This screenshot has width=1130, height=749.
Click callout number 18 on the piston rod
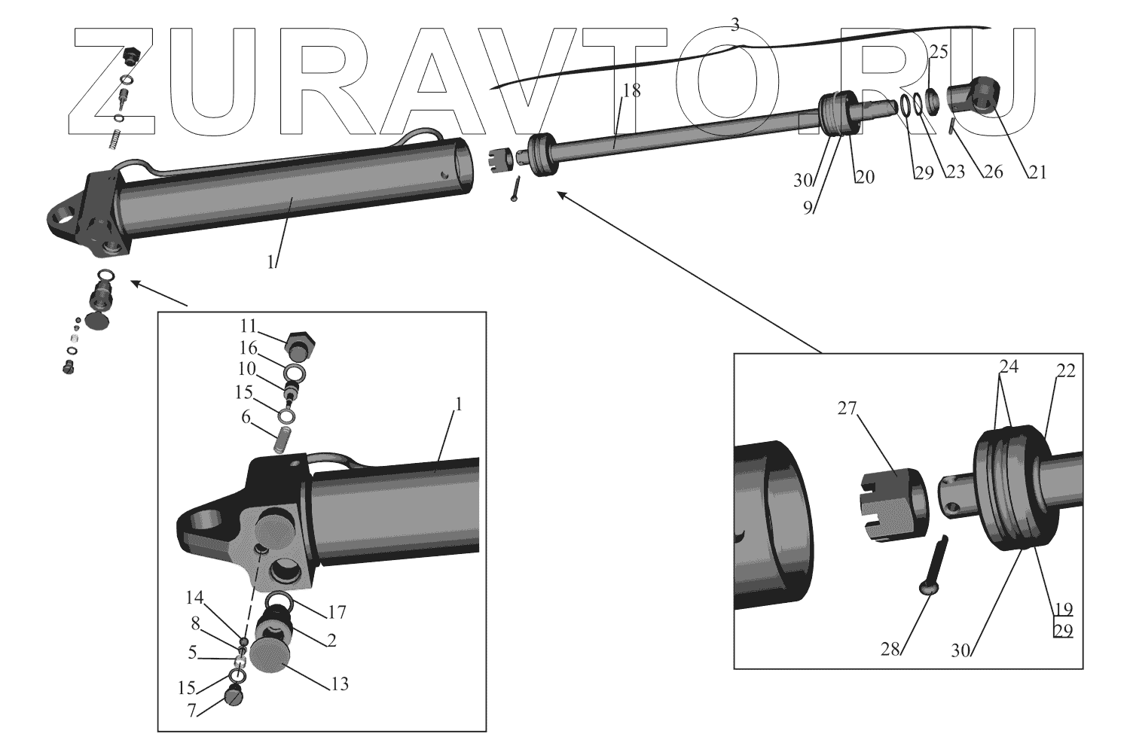tap(631, 91)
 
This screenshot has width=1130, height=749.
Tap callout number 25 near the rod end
tap(939, 52)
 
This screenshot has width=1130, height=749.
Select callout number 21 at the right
tap(1037, 172)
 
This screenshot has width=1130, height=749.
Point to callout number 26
tap(993, 172)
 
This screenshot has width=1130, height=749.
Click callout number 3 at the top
tap(734, 25)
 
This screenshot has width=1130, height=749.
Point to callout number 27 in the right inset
tap(847, 408)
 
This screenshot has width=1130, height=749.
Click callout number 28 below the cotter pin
tap(890, 648)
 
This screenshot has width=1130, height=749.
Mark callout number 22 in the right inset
tap(1066, 371)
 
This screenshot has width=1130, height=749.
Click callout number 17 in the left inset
tap(336, 613)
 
